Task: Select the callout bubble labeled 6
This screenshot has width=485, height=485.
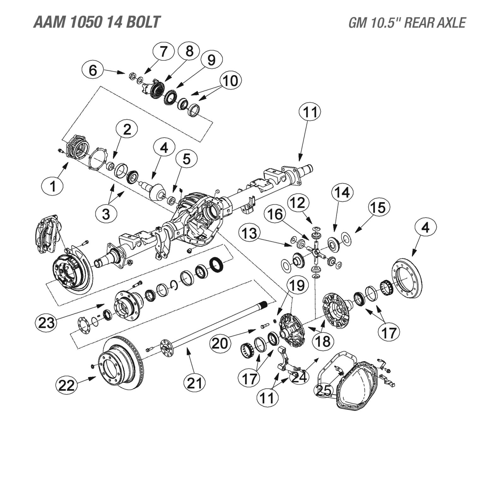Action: pos(93,70)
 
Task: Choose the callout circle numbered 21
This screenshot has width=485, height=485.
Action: pos(195,383)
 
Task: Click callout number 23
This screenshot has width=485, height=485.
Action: pos(46,323)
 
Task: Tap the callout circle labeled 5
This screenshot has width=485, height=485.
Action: pos(186,159)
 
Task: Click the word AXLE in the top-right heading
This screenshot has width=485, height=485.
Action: pos(452,23)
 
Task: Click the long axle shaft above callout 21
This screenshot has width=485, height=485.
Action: pos(218,325)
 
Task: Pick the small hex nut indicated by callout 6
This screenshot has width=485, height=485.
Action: pos(133,76)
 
